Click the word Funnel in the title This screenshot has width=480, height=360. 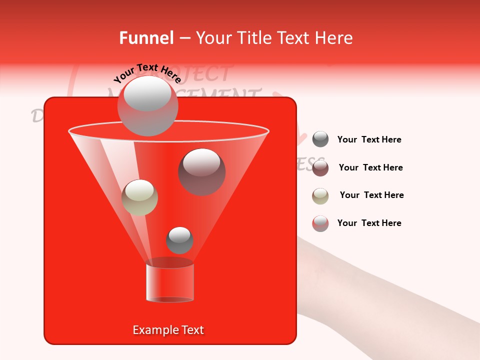click(146, 38)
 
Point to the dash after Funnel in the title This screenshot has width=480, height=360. click(184, 38)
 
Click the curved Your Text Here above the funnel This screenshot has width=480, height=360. click(147, 73)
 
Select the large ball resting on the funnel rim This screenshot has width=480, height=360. click(147, 105)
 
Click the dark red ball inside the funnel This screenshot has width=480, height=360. click(201, 171)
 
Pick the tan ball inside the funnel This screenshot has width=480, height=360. click(139, 197)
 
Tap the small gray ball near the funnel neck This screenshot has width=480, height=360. click(179, 240)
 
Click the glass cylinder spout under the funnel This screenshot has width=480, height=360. click(170, 282)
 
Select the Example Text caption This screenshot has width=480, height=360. click(168, 330)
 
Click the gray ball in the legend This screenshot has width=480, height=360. click(320, 139)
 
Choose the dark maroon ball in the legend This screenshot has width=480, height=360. click(320, 167)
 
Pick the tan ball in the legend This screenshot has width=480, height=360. click(320, 195)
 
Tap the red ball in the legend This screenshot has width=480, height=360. click(320, 223)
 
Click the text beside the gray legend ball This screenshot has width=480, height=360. click(369, 139)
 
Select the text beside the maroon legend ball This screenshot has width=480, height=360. click(370, 167)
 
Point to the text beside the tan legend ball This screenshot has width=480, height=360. click(371, 195)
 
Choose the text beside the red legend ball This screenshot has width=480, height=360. click(369, 223)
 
